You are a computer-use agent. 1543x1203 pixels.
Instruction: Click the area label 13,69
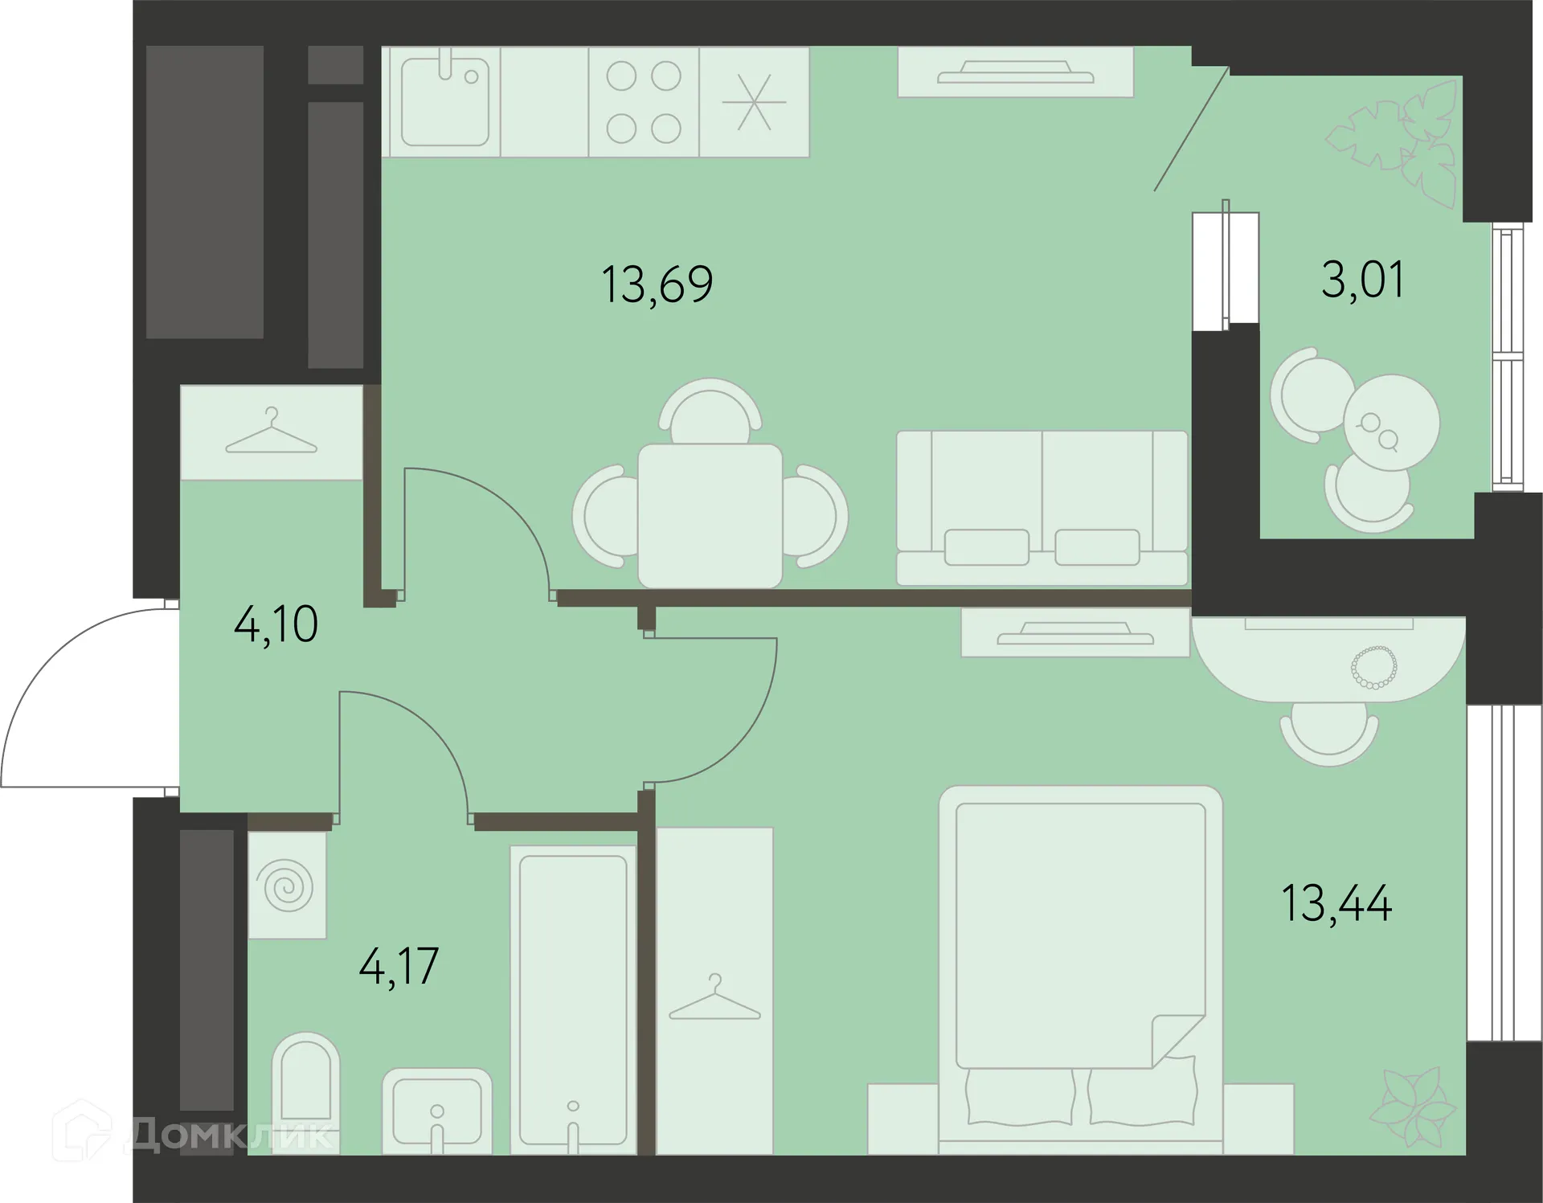pyautogui.click(x=657, y=284)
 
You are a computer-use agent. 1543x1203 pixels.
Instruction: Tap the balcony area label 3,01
pyautogui.click(x=1363, y=280)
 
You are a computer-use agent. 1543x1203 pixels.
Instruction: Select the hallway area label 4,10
pyautogui.click(x=276, y=624)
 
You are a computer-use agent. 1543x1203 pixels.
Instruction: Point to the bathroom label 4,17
pyautogui.click(x=399, y=966)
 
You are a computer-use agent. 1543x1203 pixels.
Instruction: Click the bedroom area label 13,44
pyautogui.click(x=1336, y=903)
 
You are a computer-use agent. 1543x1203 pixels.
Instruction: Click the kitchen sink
pyautogui.click(x=444, y=102)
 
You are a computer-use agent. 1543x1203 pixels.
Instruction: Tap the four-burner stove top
pyautogui.click(x=644, y=102)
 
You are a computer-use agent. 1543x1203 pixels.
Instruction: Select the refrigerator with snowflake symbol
pyautogui.click(x=754, y=102)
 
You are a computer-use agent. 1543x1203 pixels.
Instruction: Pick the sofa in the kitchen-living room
pyautogui.click(x=1042, y=508)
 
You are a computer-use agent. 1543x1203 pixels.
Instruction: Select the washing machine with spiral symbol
pyautogui.click(x=288, y=885)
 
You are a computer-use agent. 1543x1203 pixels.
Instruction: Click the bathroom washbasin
pyautogui.click(x=436, y=1111)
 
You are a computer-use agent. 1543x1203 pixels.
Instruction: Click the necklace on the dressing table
pyautogui.click(x=1374, y=667)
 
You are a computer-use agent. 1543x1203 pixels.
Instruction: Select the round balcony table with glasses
pyautogui.click(x=1391, y=423)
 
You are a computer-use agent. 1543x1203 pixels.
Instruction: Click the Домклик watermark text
pyautogui.click(x=229, y=1135)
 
